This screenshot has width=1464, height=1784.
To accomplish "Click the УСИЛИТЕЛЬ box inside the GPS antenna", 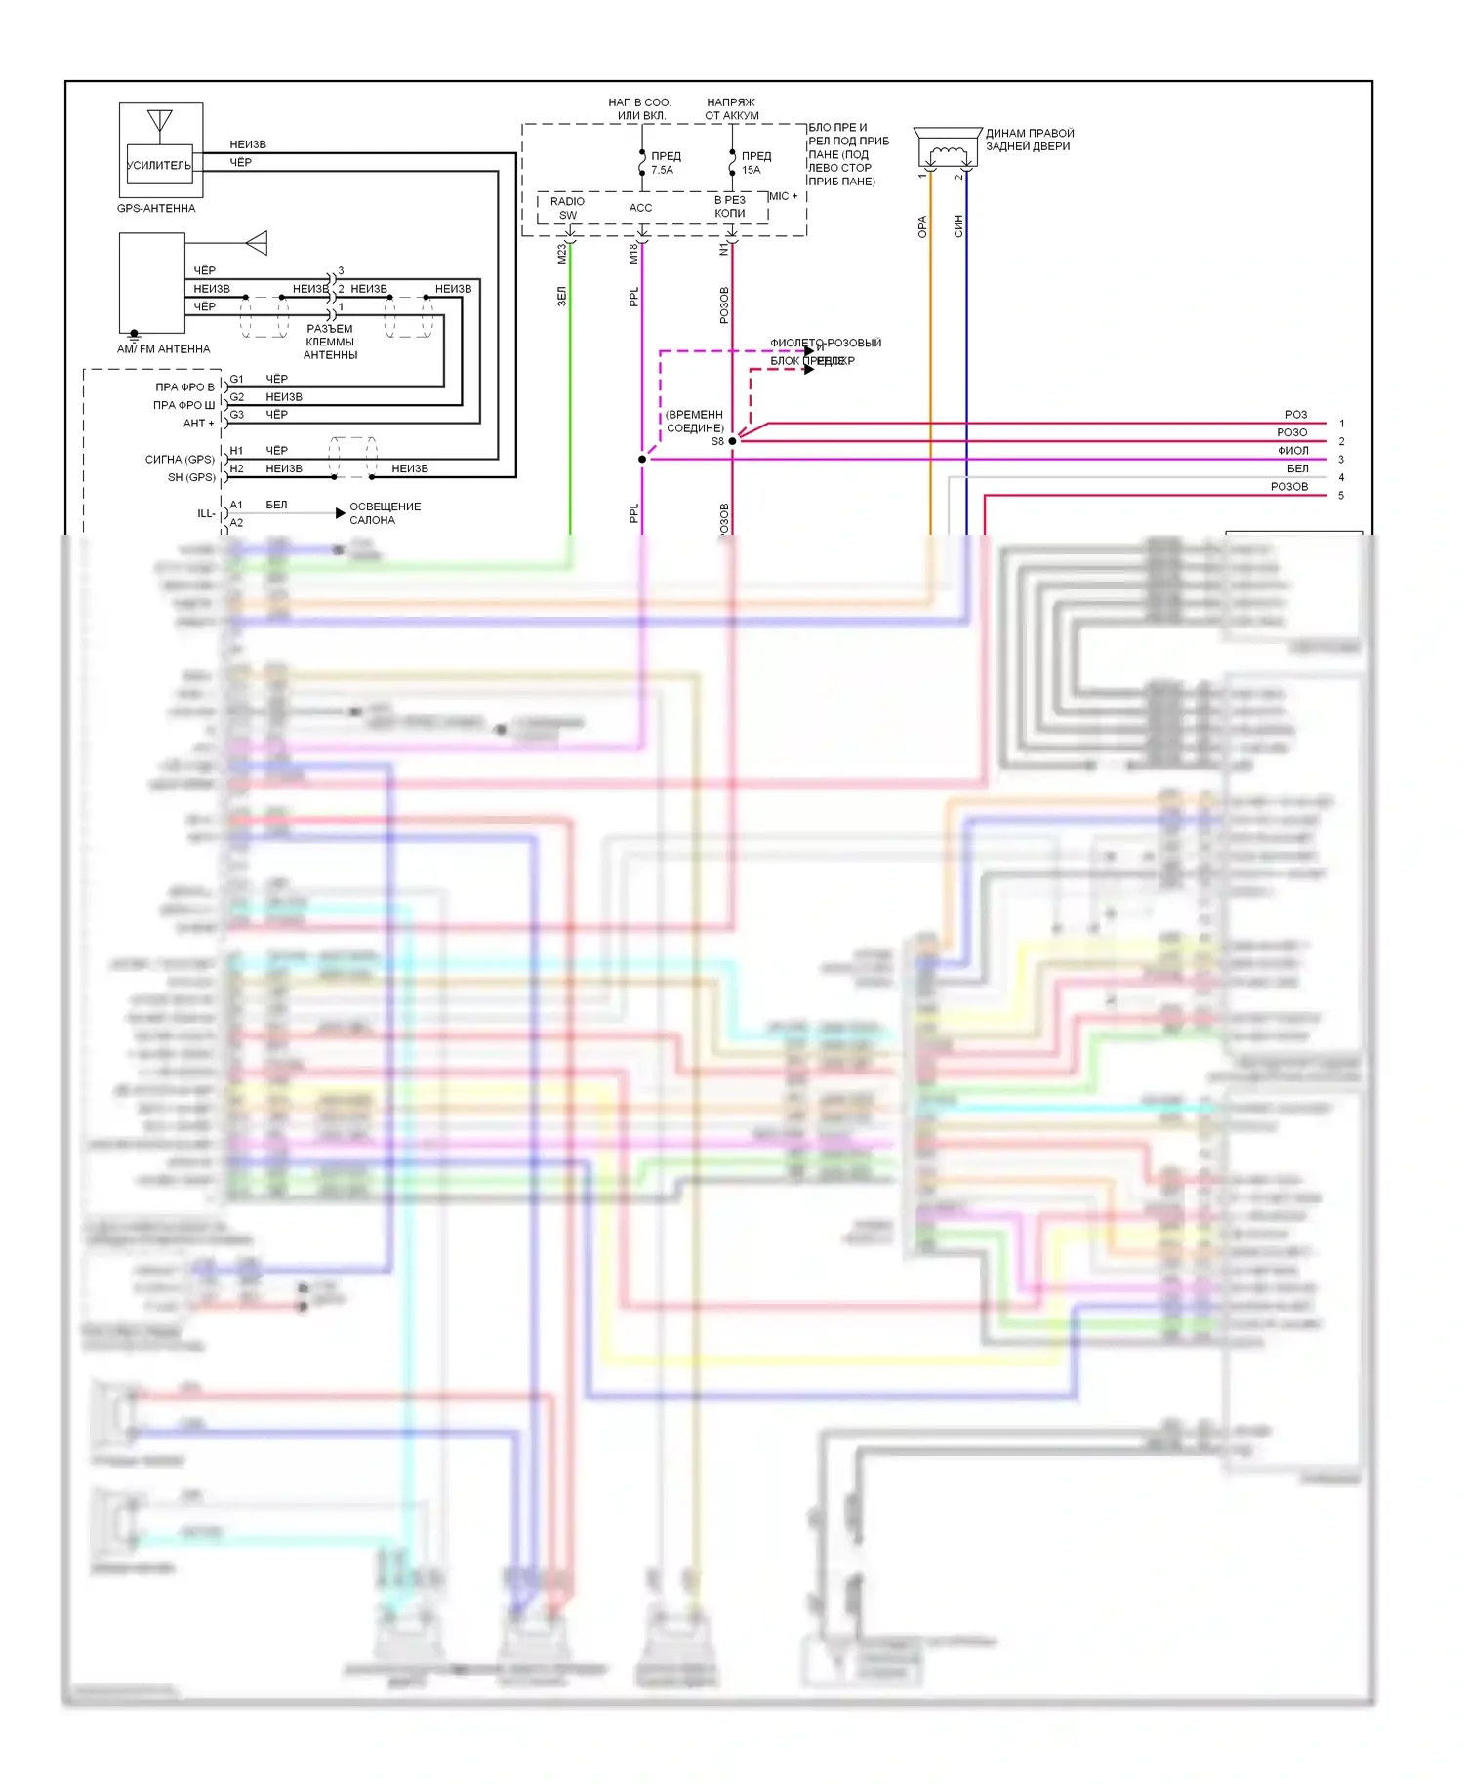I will click(159, 165).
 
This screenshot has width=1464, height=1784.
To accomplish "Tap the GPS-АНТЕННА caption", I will click(156, 208).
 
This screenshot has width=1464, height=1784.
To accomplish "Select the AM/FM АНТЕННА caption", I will click(163, 349).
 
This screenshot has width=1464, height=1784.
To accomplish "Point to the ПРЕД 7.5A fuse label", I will click(665, 163).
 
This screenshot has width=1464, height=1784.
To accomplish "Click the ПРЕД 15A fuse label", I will click(754, 163).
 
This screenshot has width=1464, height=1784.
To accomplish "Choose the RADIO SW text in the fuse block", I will click(567, 208).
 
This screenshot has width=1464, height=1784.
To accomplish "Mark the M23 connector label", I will click(561, 254).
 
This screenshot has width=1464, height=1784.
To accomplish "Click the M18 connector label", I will click(633, 254).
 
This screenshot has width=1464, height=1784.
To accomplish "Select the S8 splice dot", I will click(732, 441).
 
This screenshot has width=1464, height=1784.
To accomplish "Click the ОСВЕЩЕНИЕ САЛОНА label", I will click(385, 513).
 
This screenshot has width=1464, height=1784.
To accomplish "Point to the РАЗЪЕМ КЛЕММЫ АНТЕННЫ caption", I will click(330, 342).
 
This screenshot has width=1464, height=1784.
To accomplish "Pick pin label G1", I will click(236, 379).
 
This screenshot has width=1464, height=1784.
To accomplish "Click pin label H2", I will click(236, 468).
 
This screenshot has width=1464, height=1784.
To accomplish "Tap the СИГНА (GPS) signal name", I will click(180, 459).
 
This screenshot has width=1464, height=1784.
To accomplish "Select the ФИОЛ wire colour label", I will click(1292, 450).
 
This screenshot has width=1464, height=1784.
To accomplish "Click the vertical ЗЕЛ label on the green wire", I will click(561, 296).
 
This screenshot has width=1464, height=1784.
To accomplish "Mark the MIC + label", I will click(783, 196).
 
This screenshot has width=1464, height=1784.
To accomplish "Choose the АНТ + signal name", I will click(198, 423).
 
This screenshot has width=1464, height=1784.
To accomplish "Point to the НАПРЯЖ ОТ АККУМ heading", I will click(731, 108).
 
